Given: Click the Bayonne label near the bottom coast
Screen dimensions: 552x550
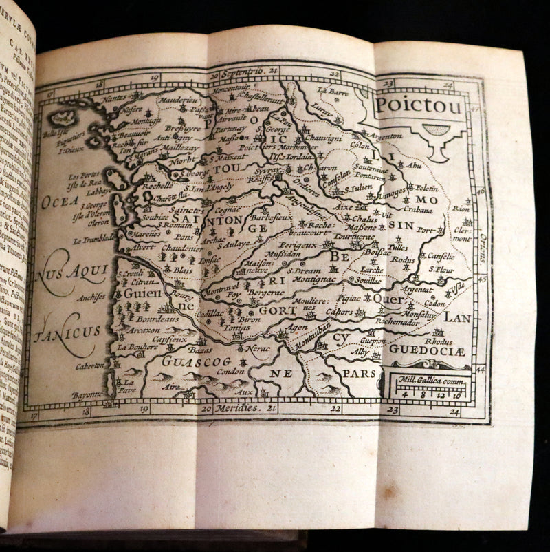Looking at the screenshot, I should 86,394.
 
